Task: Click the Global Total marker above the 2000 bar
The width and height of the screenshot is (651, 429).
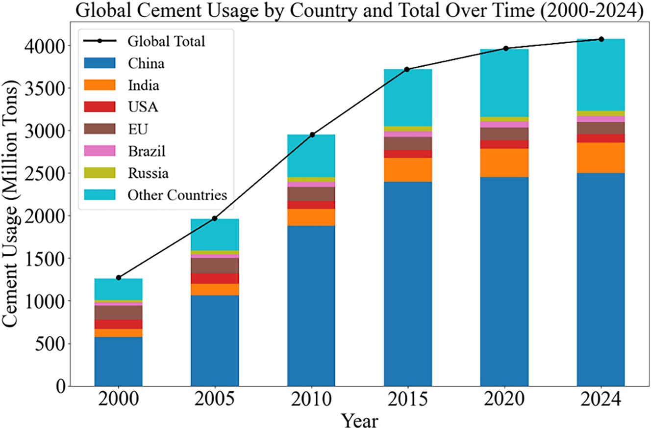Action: click(118, 278)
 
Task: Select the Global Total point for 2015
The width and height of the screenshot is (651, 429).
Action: click(407, 69)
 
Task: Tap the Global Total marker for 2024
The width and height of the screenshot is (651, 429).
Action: click(601, 39)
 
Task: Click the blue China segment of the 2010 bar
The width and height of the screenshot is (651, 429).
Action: click(311, 304)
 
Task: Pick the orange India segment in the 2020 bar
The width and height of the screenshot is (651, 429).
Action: click(504, 162)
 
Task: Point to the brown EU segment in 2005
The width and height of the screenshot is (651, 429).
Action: click(215, 266)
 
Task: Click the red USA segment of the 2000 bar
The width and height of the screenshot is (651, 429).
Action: click(118, 324)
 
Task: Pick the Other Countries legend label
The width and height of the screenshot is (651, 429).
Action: click(177, 195)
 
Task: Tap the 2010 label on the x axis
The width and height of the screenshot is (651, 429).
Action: click(311, 399)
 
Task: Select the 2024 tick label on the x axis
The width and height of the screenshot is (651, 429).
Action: click(601, 399)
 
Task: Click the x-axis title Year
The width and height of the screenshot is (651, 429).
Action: click(359, 420)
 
